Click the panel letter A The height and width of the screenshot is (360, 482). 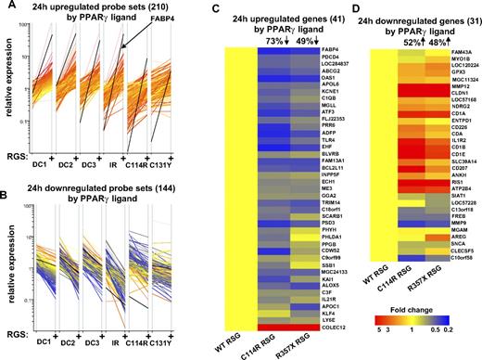[6, 6]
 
